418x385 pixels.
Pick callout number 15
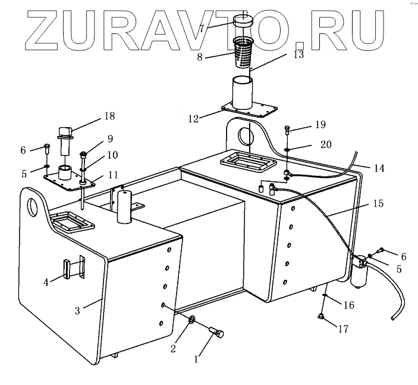tap(379, 203)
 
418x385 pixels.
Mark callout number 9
tap(110, 139)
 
